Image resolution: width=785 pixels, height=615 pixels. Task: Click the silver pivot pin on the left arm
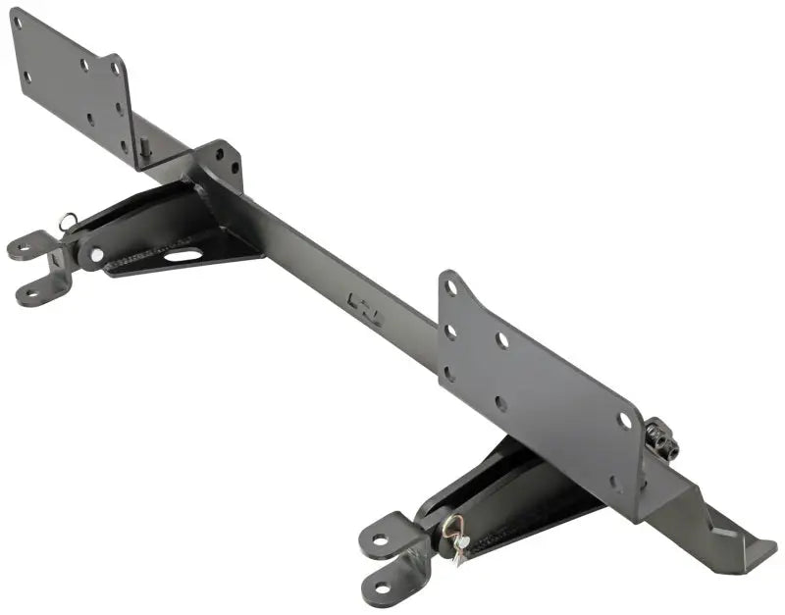tap(96, 255)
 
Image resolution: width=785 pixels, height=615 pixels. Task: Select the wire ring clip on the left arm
tap(67, 222)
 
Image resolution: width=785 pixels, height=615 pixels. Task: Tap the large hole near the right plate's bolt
tap(624, 420)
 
